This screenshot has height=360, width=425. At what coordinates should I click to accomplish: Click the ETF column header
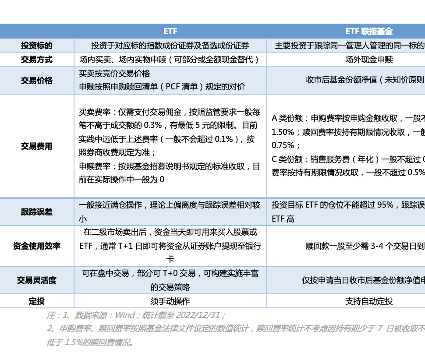(170, 32)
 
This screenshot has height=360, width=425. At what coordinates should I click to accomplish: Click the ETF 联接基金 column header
(369, 32)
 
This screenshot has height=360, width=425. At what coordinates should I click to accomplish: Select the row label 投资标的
(37, 46)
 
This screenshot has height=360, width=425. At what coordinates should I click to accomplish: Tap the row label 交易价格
(37, 80)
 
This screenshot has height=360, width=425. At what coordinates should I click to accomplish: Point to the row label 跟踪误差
(37, 212)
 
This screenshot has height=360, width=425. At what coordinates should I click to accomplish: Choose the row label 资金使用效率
(37, 246)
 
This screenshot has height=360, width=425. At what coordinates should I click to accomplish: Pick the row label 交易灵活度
(37, 280)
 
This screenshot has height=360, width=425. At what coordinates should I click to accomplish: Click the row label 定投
(37, 301)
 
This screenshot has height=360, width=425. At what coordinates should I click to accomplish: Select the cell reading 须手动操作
(170, 301)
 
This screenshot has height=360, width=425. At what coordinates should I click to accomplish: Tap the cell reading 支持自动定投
(369, 301)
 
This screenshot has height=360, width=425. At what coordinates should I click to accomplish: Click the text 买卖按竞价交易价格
(114, 74)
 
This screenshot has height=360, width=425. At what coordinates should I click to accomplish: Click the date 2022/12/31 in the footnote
(202, 315)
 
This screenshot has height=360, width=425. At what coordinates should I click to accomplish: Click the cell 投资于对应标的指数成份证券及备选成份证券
(170, 46)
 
